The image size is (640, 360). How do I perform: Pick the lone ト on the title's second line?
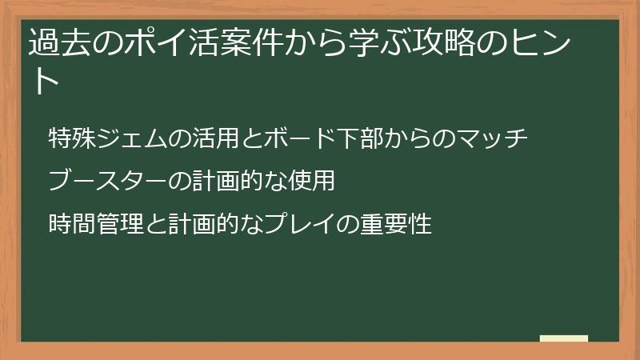click(44, 82)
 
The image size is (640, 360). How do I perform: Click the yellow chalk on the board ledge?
click(564, 338)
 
